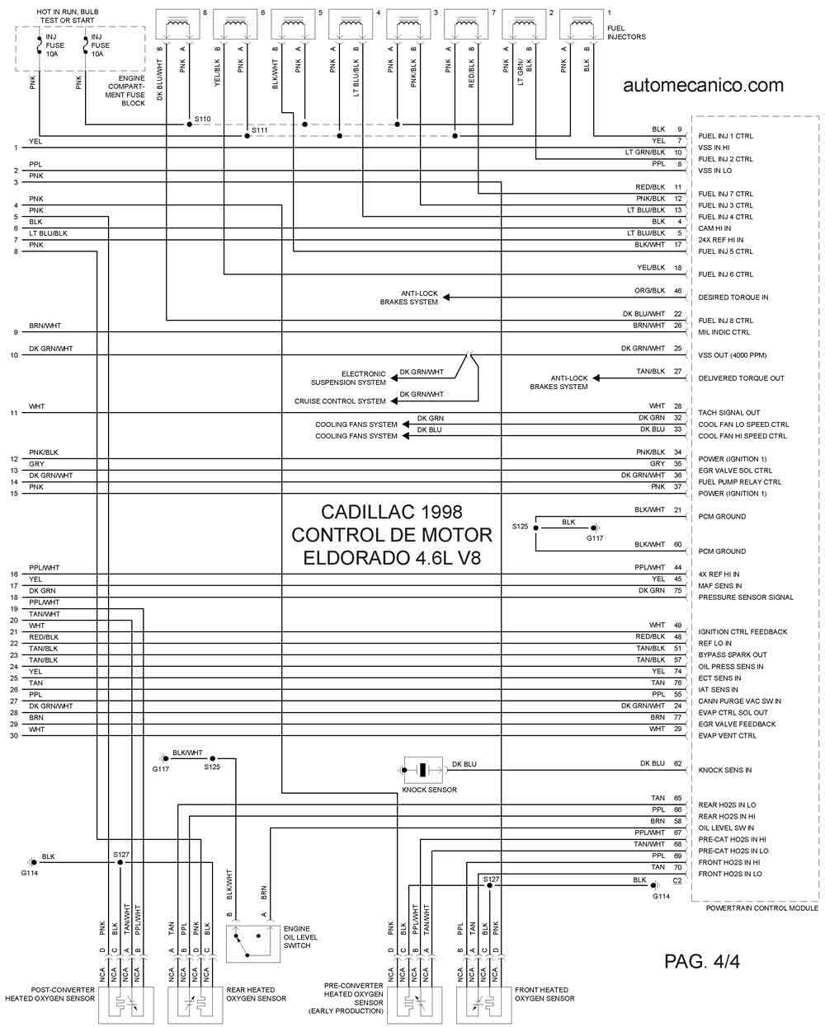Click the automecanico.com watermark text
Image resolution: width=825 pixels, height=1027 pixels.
[703, 85]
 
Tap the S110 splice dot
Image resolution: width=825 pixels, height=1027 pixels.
[189, 124]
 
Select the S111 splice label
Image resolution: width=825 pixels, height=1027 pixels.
[260, 129]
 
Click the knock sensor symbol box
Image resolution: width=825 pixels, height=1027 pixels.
[423, 770]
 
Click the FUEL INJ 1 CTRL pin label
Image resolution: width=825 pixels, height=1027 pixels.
[725, 136]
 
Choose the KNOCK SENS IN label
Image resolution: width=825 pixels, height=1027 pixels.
[724, 770]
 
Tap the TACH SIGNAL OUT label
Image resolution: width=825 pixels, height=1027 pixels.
[728, 412]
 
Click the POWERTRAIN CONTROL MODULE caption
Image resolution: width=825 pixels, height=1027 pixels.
[762, 907]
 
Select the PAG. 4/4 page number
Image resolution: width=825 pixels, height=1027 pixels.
[702, 961]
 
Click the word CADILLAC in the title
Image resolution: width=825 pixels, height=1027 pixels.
[361, 512]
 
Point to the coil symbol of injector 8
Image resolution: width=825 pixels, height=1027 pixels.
[177, 22]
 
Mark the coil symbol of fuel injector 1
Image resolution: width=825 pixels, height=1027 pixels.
[582, 22]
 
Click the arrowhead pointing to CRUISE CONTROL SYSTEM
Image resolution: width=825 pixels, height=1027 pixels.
[394, 401]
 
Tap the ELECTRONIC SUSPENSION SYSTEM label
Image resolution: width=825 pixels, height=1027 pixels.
[348, 378]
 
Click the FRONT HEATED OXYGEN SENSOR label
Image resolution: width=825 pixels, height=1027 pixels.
[544, 994]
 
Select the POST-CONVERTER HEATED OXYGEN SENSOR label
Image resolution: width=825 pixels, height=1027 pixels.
[50, 994]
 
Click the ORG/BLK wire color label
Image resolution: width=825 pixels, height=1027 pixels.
[649, 291]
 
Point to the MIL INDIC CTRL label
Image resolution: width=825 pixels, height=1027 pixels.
[724, 332]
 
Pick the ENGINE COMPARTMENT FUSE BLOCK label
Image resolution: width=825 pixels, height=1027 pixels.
[125, 91]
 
